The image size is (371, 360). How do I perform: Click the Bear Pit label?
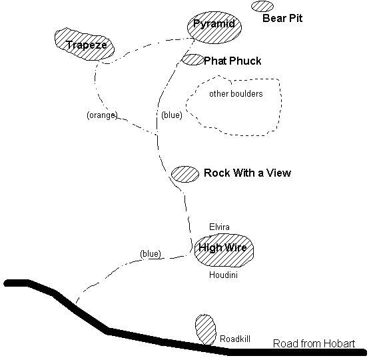[x=282, y=18]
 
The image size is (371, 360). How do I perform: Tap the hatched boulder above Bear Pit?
[x=262, y=7]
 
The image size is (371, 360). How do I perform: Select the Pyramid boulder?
[x=214, y=27]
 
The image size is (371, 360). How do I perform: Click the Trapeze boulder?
[x=85, y=44]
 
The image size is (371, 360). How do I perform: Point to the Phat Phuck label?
[x=232, y=61]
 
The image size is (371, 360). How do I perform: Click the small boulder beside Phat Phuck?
[x=193, y=59]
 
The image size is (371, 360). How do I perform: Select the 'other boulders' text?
[x=236, y=94]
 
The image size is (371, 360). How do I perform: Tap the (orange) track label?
[x=102, y=115]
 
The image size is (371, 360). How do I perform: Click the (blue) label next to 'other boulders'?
[x=172, y=115]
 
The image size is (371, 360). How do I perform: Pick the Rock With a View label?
[x=247, y=173]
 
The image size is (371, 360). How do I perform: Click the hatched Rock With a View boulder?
[x=185, y=174]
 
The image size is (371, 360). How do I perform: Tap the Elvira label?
[x=219, y=227]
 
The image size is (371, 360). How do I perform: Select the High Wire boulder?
[x=224, y=250]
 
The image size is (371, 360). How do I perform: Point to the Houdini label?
[x=223, y=275]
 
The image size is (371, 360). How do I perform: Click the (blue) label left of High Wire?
[x=151, y=253]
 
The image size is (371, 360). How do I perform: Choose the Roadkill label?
[x=235, y=339]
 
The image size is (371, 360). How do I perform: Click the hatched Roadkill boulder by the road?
[x=205, y=330]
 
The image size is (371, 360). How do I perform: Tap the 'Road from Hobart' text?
[x=314, y=343]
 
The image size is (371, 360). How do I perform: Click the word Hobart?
[x=339, y=343]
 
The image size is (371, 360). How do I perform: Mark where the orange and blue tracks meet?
[x=157, y=135]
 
